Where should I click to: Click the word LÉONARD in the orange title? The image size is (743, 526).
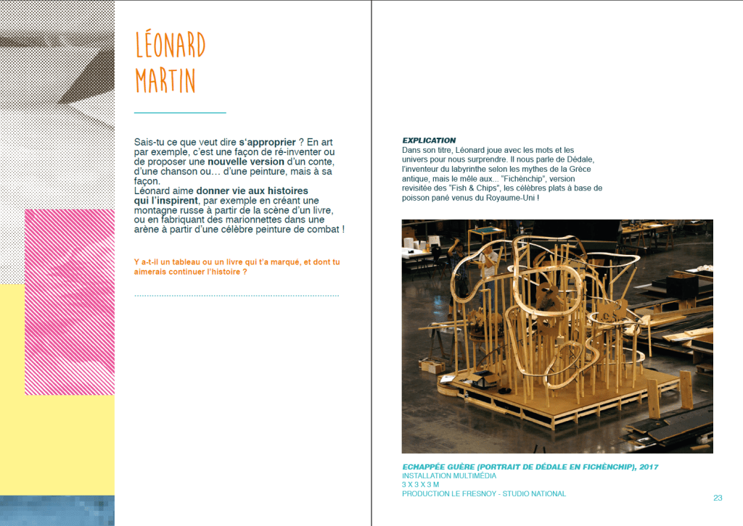pos(171,46)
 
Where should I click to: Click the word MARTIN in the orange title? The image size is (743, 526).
pos(165,80)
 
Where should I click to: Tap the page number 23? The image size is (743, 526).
pos(718,498)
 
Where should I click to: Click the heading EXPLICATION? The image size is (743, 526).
pos(429,140)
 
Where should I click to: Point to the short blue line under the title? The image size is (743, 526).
pos(180,113)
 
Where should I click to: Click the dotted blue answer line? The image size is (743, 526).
pos(237,296)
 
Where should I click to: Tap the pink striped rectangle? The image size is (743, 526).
pos(70,301)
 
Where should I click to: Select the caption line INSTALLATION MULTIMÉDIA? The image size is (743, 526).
pos(449,475)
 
